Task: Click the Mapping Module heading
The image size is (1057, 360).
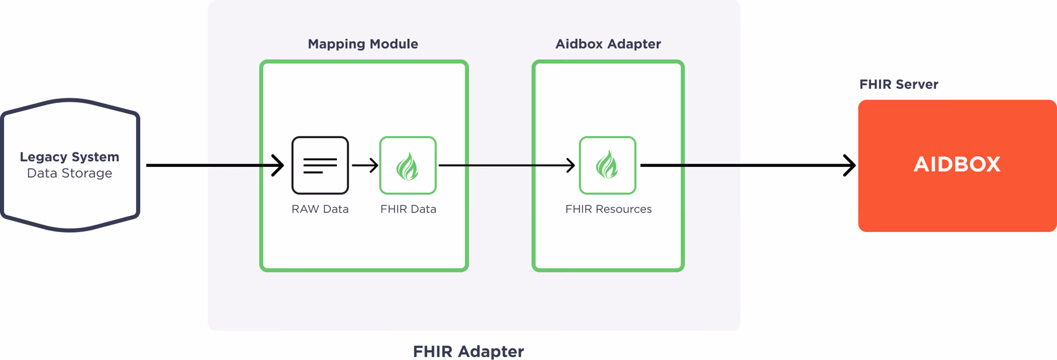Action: tap(363, 44)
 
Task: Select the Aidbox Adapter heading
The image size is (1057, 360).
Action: tap(608, 44)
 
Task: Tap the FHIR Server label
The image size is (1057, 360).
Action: tap(898, 84)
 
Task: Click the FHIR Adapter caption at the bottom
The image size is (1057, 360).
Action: tap(468, 351)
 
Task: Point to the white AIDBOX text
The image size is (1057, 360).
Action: tap(957, 165)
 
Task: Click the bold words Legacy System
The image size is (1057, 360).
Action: tap(69, 157)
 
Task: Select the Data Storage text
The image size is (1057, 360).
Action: tap(69, 173)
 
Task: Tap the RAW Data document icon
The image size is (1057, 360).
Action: tap(320, 165)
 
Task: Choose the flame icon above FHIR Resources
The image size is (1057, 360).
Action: tap(607, 165)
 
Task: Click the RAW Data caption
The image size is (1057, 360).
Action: tap(320, 209)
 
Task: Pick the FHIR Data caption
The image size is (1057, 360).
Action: tap(408, 209)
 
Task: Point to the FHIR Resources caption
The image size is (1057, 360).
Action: tap(608, 209)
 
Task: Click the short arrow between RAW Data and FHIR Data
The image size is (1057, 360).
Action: tap(364, 165)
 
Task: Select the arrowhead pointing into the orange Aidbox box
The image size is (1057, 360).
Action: tap(851, 165)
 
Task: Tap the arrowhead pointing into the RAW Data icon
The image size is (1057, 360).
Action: tap(279, 165)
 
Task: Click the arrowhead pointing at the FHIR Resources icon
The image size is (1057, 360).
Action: tap(571, 165)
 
